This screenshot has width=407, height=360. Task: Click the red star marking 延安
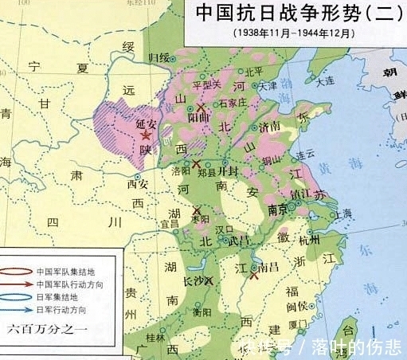pos(144,136)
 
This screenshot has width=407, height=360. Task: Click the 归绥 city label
pos(159,58)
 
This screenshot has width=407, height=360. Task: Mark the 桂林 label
pos(154,337)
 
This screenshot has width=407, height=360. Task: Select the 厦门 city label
pos(300,324)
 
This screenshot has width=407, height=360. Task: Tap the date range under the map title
pos(295,33)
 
